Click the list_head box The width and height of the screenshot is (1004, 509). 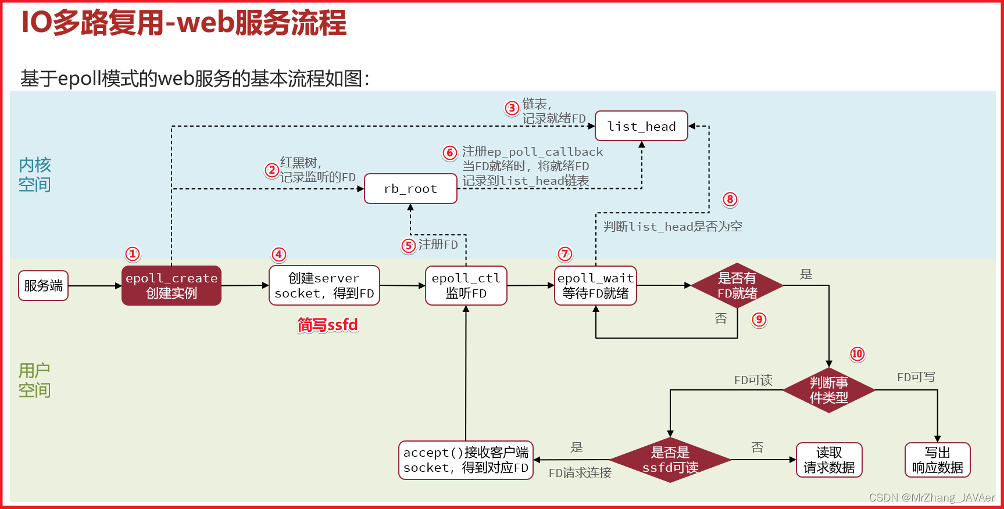(x=641, y=126)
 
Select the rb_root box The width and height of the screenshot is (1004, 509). (x=410, y=189)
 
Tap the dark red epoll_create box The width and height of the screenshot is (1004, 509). (x=171, y=285)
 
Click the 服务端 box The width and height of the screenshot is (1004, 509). (x=43, y=285)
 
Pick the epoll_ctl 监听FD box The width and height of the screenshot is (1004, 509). (x=466, y=285)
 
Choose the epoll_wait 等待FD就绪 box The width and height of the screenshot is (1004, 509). (x=595, y=285)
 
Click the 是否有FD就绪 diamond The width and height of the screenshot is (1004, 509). (x=737, y=285)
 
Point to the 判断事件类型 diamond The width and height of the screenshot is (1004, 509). (x=828, y=390)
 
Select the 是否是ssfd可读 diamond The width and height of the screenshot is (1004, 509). (x=670, y=460)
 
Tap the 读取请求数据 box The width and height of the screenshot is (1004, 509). (x=828, y=460)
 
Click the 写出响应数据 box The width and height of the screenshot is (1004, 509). (x=937, y=460)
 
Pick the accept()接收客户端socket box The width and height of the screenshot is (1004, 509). (x=466, y=460)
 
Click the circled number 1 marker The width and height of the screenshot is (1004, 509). (x=133, y=254)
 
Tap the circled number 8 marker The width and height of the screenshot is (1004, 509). (x=730, y=199)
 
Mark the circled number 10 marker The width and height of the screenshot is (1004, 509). (x=857, y=354)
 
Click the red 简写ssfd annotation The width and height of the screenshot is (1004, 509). (x=328, y=325)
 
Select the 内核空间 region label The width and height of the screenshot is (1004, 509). (x=34, y=175)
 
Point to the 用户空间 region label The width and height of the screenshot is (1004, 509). (x=34, y=380)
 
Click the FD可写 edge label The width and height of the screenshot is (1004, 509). (x=916, y=377)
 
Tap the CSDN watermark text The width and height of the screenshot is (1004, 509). (x=931, y=497)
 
